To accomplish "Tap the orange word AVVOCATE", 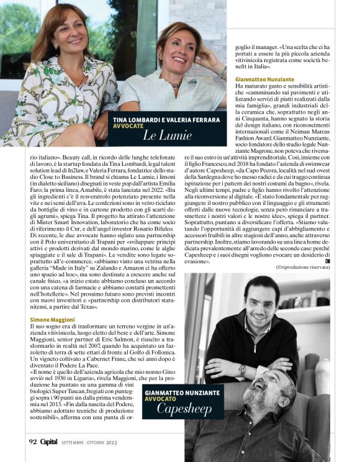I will (x=128, y=125).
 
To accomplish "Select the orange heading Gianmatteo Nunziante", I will (x=268, y=79).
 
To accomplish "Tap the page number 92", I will (x=33, y=442).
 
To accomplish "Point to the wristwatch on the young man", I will (x=242, y=371).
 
